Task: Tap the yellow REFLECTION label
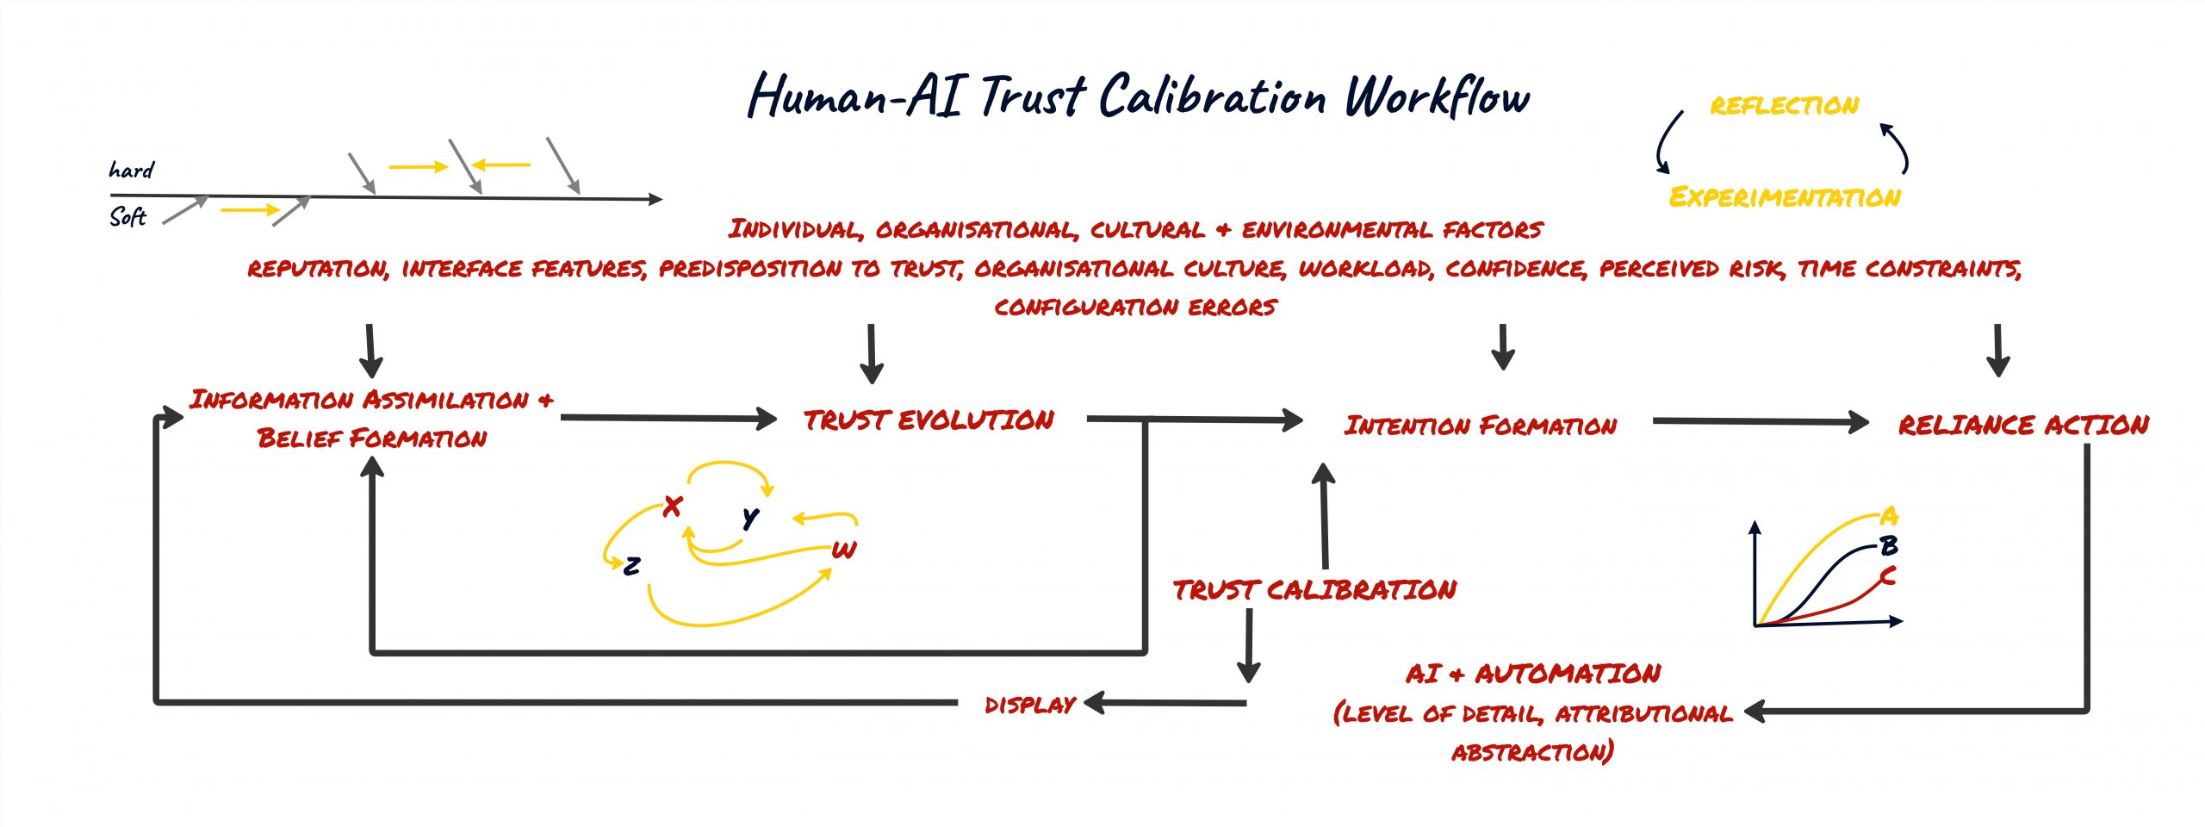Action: pos(1784,106)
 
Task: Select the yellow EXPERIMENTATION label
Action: pos(1784,197)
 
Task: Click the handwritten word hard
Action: pos(131,170)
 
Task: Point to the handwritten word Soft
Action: pos(127,216)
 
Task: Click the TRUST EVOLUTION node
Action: pos(929,420)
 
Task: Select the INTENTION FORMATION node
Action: pos(1480,426)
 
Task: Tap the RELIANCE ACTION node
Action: pos(2023,425)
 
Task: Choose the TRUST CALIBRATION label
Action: pos(1314,590)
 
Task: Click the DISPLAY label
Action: pos(1029,706)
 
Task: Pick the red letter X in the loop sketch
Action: pos(673,506)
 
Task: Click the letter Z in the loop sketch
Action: pos(632,566)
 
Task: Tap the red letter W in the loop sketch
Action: pos(844,550)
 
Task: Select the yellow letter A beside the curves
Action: pos(1889,516)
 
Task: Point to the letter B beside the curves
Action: pos(1889,545)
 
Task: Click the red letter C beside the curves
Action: pos(1888,575)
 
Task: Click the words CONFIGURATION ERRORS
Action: pos(1134,308)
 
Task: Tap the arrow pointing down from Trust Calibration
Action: pos(1248,646)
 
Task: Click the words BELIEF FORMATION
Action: pos(372,438)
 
